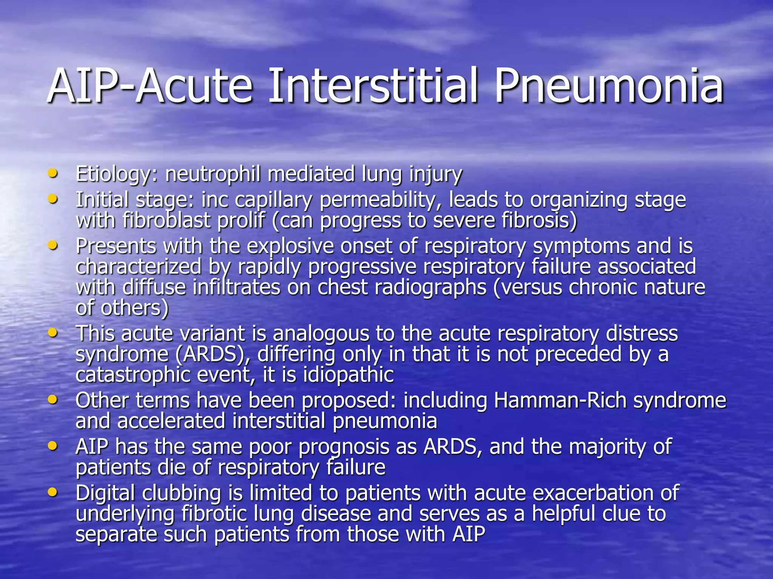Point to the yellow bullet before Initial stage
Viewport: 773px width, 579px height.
click(x=53, y=198)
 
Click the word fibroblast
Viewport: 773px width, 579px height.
click(x=166, y=220)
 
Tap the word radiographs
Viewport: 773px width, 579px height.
click(x=430, y=288)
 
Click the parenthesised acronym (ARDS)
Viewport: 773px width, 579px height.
click(x=210, y=355)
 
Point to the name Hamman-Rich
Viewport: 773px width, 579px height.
click(x=560, y=400)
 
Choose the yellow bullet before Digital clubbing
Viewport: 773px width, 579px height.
click(x=53, y=492)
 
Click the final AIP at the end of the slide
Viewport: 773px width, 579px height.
click(x=468, y=535)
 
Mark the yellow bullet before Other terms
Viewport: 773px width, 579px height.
click(x=53, y=399)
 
